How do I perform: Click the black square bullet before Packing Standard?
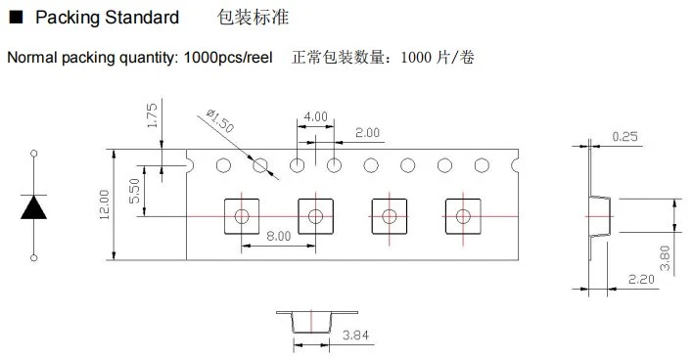pos(16,18)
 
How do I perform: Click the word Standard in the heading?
pos(142,18)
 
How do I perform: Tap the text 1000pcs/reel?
pos(228,58)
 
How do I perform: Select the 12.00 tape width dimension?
pos(104,204)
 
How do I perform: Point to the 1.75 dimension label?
pos(152,115)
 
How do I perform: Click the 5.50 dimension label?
pos(134,191)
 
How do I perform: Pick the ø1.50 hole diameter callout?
pos(220,120)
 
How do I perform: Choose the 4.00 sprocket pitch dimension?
pos(315,116)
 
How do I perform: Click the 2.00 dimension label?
pos(367,133)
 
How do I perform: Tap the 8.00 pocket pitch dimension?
pos(279,236)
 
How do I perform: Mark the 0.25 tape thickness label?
pos(625,136)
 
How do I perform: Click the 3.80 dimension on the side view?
pos(665,258)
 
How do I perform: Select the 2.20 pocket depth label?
pos(641,279)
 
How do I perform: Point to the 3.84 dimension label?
pos(356,336)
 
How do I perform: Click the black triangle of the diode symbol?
pos(33,207)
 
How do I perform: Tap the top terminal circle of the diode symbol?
pos(33,154)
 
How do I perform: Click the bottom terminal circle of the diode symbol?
pos(33,258)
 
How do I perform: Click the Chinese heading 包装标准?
pos(253,18)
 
